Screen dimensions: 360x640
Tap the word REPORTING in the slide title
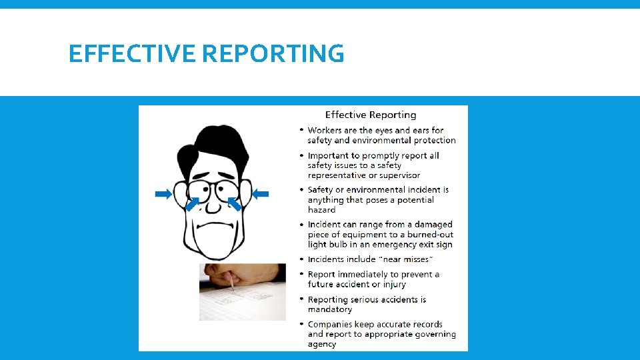coord(273,53)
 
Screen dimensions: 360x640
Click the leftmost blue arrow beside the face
coord(163,194)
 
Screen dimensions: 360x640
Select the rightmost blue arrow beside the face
coord(261,194)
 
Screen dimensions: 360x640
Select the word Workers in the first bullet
coord(325,131)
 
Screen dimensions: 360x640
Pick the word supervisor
coord(399,175)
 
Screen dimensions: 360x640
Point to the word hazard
coord(321,210)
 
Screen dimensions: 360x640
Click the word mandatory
coord(329,309)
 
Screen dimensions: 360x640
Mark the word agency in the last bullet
coord(322,344)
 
